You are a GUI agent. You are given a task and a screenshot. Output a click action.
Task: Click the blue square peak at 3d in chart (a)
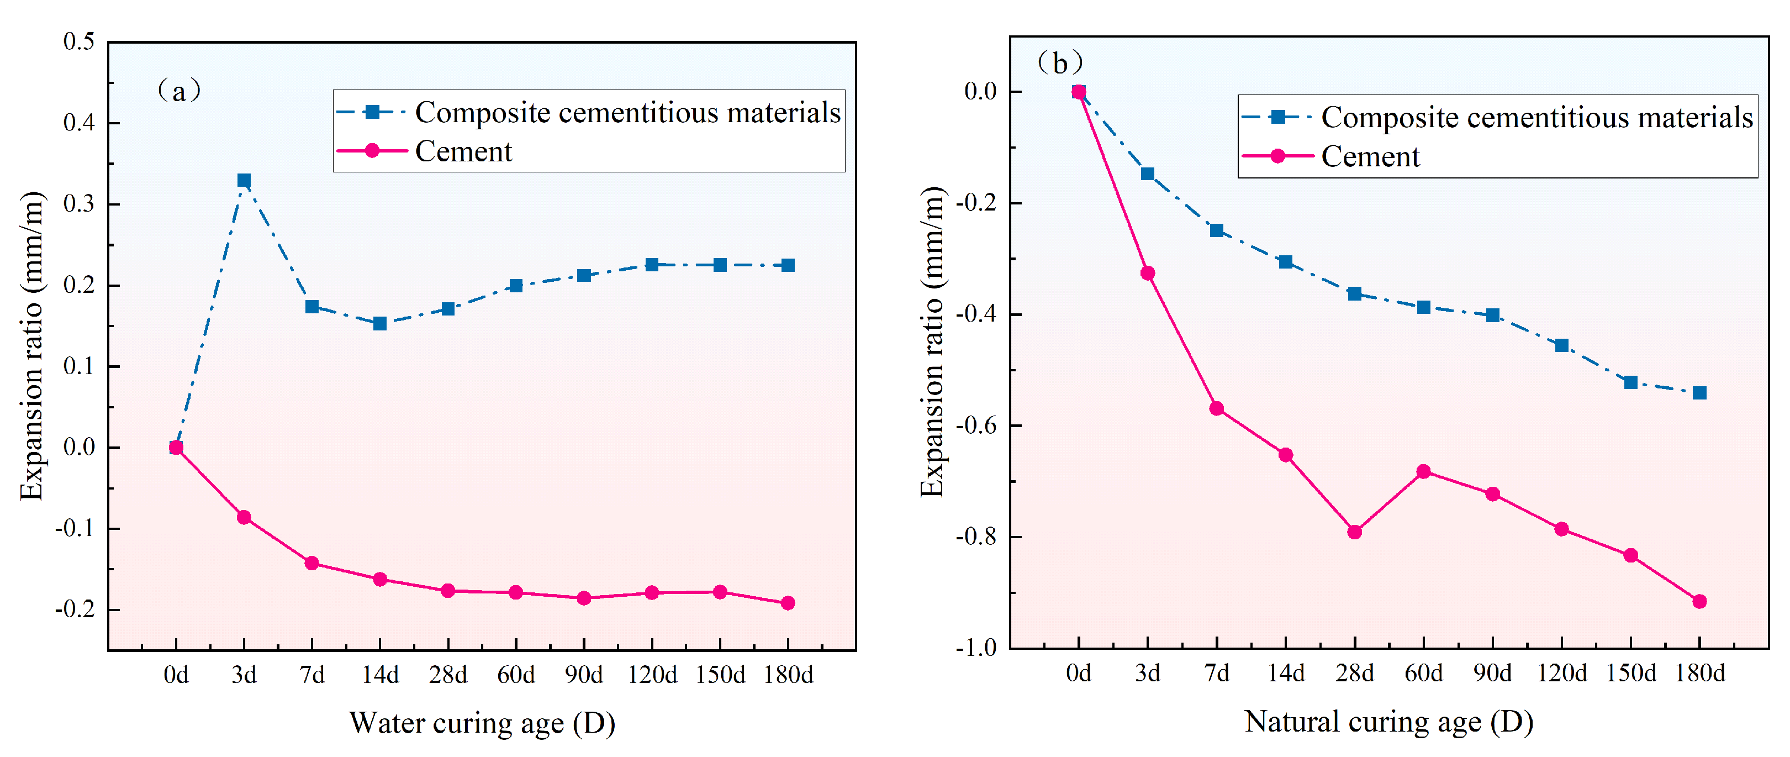pyautogui.click(x=244, y=181)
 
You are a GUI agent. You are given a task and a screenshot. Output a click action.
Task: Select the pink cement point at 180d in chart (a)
pyautogui.click(x=787, y=603)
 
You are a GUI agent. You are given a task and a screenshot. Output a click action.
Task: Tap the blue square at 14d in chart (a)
pyautogui.click(x=379, y=324)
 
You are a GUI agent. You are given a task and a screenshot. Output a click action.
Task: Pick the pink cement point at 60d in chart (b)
pyautogui.click(x=1423, y=472)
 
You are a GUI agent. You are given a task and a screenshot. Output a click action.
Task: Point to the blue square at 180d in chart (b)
pyautogui.click(x=1699, y=393)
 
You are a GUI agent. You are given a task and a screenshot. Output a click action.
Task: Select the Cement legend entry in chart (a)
pyautogui.click(x=463, y=151)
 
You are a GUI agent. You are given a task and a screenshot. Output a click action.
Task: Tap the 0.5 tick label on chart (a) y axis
pyautogui.click(x=78, y=41)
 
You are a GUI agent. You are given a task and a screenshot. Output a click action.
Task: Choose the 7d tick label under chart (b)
pyautogui.click(x=1216, y=673)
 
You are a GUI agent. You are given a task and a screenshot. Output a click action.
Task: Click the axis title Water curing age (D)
pyautogui.click(x=482, y=723)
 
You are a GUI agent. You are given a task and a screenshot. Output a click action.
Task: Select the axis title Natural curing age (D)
pyautogui.click(x=1388, y=722)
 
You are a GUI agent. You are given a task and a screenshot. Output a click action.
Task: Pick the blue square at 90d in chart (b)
pyautogui.click(x=1492, y=316)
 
